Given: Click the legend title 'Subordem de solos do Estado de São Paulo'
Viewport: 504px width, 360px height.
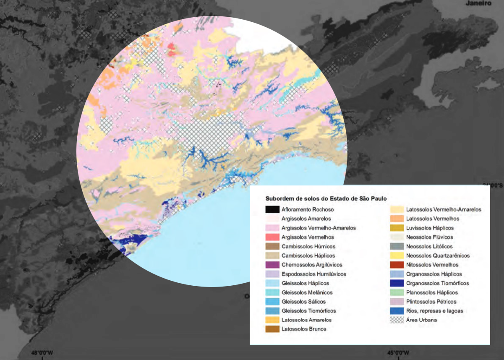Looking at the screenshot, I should (326, 198).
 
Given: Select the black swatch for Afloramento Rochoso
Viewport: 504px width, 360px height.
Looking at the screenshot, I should (272, 209).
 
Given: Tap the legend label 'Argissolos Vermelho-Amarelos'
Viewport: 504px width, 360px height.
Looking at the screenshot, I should (319, 228).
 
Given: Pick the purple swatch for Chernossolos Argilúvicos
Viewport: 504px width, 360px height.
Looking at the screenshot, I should (272, 265).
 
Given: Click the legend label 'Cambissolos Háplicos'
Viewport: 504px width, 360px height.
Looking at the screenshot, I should (308, 256).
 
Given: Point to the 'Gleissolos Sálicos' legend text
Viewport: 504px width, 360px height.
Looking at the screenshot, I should (303, 302).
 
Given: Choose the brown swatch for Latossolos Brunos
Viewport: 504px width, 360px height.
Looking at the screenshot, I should (272, 329).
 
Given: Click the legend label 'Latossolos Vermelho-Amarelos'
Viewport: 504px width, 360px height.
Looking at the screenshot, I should (444, 209).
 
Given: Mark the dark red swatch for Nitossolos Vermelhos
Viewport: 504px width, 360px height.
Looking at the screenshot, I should (397, 265).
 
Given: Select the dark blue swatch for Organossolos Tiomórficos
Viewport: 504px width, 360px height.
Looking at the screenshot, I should (397, 283).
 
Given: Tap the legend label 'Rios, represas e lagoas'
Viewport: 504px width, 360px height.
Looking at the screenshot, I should (435, 311).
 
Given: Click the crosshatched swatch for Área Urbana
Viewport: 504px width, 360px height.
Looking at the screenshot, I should (397, 320).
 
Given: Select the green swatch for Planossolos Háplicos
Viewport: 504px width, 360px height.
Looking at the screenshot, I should (397, 292).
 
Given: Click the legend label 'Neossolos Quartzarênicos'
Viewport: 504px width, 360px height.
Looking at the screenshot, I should (438, 256).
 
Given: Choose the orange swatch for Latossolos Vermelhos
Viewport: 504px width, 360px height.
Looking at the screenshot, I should (397, 219).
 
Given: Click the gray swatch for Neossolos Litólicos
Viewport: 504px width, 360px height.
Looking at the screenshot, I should (397, 246).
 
